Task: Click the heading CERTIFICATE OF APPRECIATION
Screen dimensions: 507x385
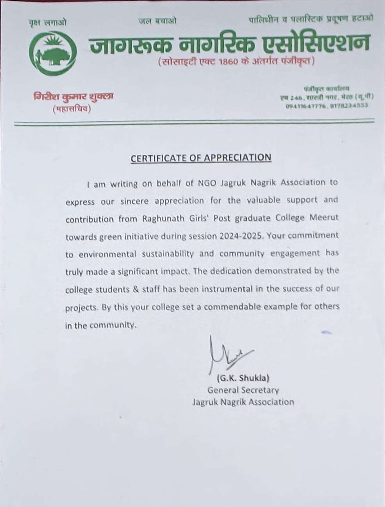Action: [x=201, y=158]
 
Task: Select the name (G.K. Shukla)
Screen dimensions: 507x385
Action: [x=243, y=378]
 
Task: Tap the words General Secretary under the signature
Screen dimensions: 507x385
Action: [x=243, y=390]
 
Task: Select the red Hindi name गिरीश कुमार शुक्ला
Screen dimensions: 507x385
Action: [x=73, y=96]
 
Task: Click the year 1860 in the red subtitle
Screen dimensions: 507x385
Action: [x=226, y=61]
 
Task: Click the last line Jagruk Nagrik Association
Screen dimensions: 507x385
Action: [x=243, y=402]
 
